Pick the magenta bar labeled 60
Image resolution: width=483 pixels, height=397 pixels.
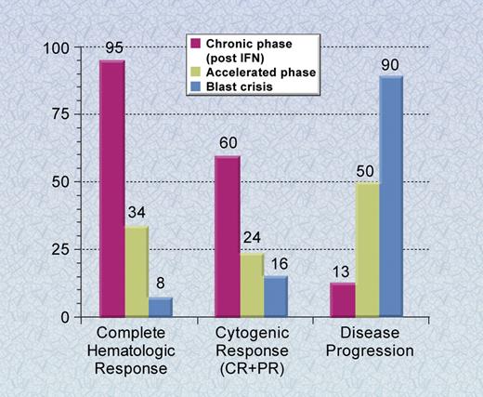click(x=228, y=236)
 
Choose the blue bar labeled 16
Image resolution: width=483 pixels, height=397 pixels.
click(x=276, y=297)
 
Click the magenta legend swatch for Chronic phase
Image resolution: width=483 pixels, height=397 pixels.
click(x=197, y=44)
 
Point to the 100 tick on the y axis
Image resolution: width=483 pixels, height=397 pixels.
click(x=57, y=47)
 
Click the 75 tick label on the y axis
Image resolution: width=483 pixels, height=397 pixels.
click(x=60, y=114)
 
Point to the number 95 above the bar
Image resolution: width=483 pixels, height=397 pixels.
click(x=112, y=48)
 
